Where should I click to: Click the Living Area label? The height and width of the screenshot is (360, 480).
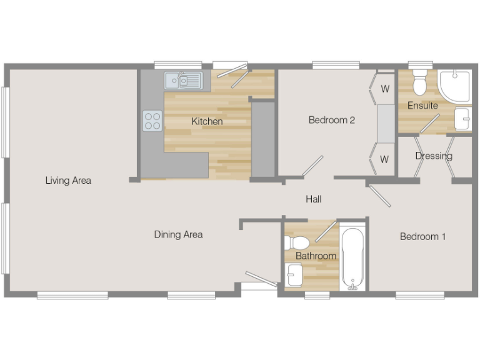point(68,181)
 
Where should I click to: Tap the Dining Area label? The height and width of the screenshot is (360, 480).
point(178,234)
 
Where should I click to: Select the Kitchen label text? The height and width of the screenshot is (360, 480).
point(207,121)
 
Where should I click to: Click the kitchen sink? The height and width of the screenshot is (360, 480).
point(184,81)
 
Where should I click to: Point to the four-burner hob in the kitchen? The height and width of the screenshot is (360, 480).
point(152,120)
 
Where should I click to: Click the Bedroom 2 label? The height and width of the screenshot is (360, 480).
point(332,120)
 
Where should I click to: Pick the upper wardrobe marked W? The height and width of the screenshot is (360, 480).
point(384,89)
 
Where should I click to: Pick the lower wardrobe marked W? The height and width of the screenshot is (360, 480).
point(384,159)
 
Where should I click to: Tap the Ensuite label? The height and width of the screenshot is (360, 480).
point(422,106)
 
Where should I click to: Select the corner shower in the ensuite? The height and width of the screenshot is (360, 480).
point(456,86)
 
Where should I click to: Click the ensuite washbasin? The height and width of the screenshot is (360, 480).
point(462,119)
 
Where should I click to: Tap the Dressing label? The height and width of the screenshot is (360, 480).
point(434,156)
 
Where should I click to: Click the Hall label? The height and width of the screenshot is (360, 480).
point(314,199)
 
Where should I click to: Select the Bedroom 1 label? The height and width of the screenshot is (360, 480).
point(422,236)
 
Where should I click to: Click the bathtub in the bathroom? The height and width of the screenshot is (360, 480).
point(353,257)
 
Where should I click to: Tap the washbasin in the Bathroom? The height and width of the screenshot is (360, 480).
point(294,274)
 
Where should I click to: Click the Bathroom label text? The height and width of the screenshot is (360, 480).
point(316,256)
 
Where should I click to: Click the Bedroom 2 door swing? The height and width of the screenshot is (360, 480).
point(313,166)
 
